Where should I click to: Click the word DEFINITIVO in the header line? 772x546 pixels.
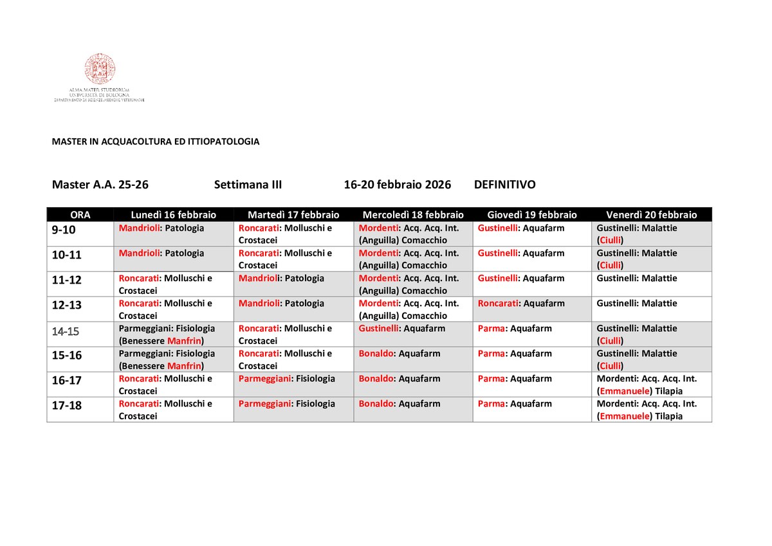[x=504, y=185]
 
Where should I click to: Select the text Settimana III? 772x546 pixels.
[x=248, y=185]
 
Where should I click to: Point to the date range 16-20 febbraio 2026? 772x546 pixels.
[x=397, y=185]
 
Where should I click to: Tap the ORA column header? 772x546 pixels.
[x=80, y=215]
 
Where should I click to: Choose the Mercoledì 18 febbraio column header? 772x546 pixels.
[x=413, y=215]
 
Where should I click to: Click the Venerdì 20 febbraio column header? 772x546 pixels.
[x=651, y=215]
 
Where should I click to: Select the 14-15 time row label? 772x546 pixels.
[x=66, y=332]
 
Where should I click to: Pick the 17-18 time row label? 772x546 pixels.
[x=67, y=406]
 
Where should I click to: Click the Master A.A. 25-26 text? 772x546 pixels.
[x=100, y=185]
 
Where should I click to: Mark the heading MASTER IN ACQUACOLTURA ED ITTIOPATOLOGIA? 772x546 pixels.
[x=156, y=141]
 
